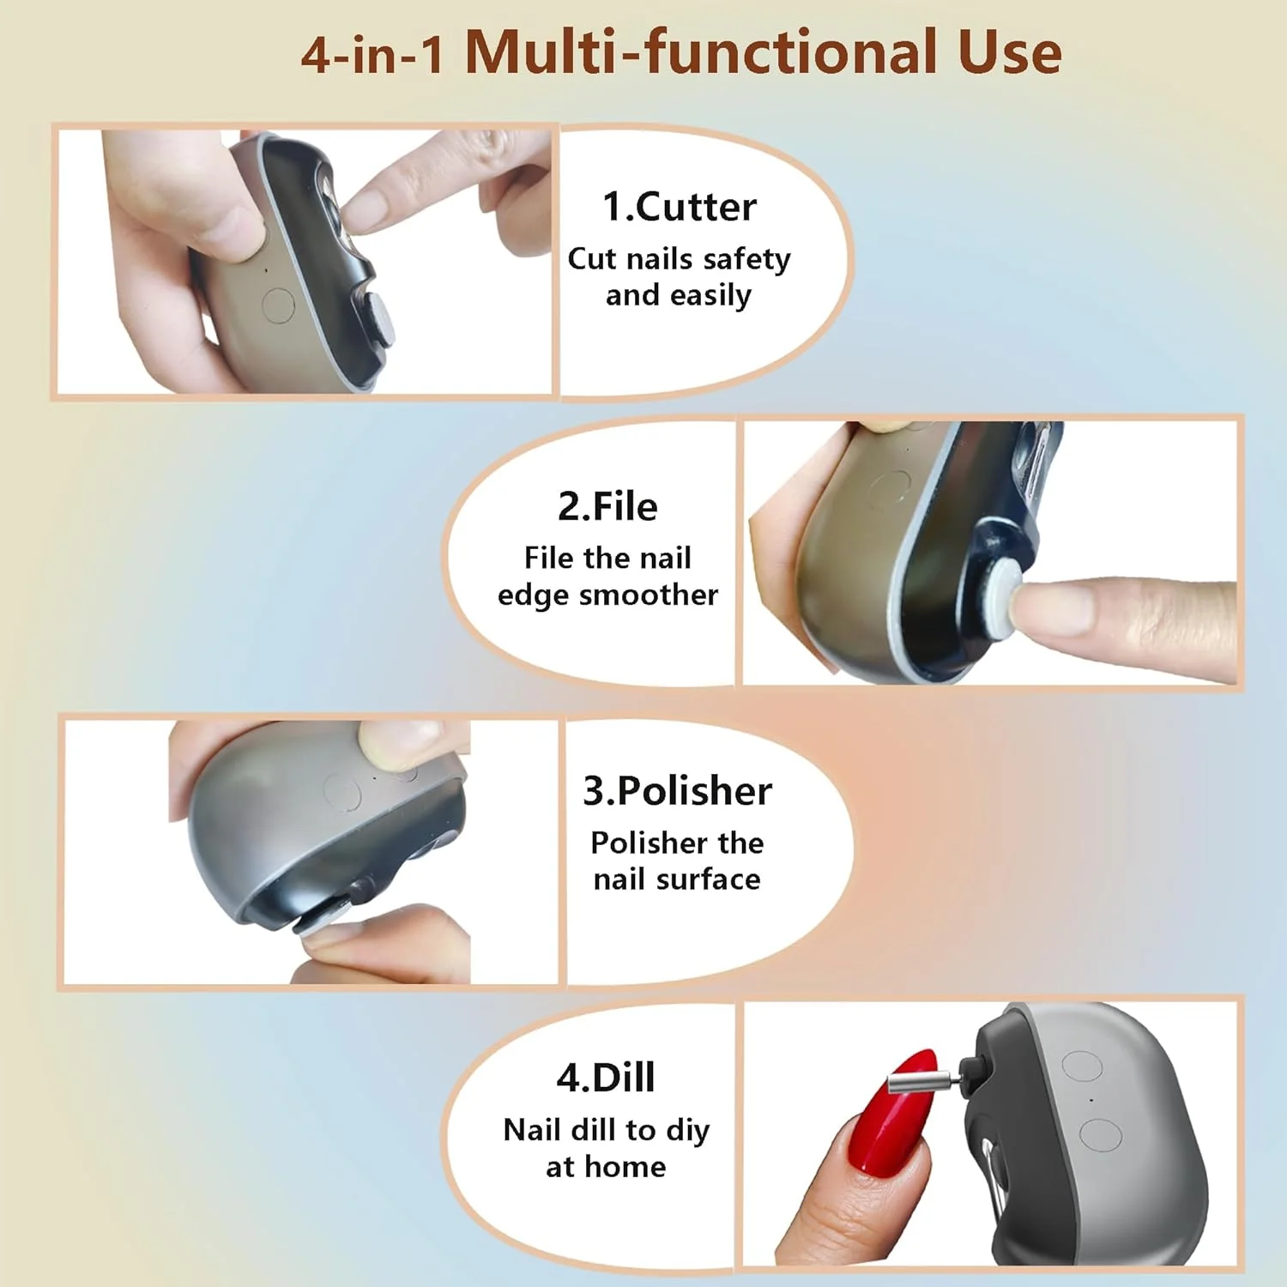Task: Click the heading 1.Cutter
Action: point(680,207)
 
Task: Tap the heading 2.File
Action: point(607,506)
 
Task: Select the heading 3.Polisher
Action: point(678,791)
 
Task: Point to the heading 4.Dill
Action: point(606,1077)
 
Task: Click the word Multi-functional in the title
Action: point(701,52)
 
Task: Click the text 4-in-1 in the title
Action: point(373,54)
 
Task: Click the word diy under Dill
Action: point(688,1132)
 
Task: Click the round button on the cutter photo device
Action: point(277,305)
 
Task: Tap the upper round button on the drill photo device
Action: point(1081,1066)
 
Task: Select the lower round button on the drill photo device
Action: point(1101,1135)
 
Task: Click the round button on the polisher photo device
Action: point(341,792)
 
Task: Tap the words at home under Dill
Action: point(606,1167)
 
